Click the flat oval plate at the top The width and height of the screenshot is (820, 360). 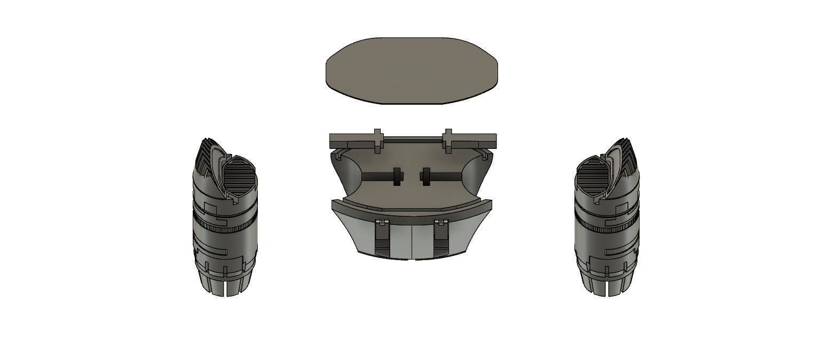412,71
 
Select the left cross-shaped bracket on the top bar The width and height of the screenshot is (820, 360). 378,140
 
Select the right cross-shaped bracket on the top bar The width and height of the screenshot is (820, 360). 447,140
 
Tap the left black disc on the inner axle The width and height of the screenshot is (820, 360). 397,177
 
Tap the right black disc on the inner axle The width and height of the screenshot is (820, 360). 426,177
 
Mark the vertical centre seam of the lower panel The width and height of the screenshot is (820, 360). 412,240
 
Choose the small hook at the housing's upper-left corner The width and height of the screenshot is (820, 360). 338,155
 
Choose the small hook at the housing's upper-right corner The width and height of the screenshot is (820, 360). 485,155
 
